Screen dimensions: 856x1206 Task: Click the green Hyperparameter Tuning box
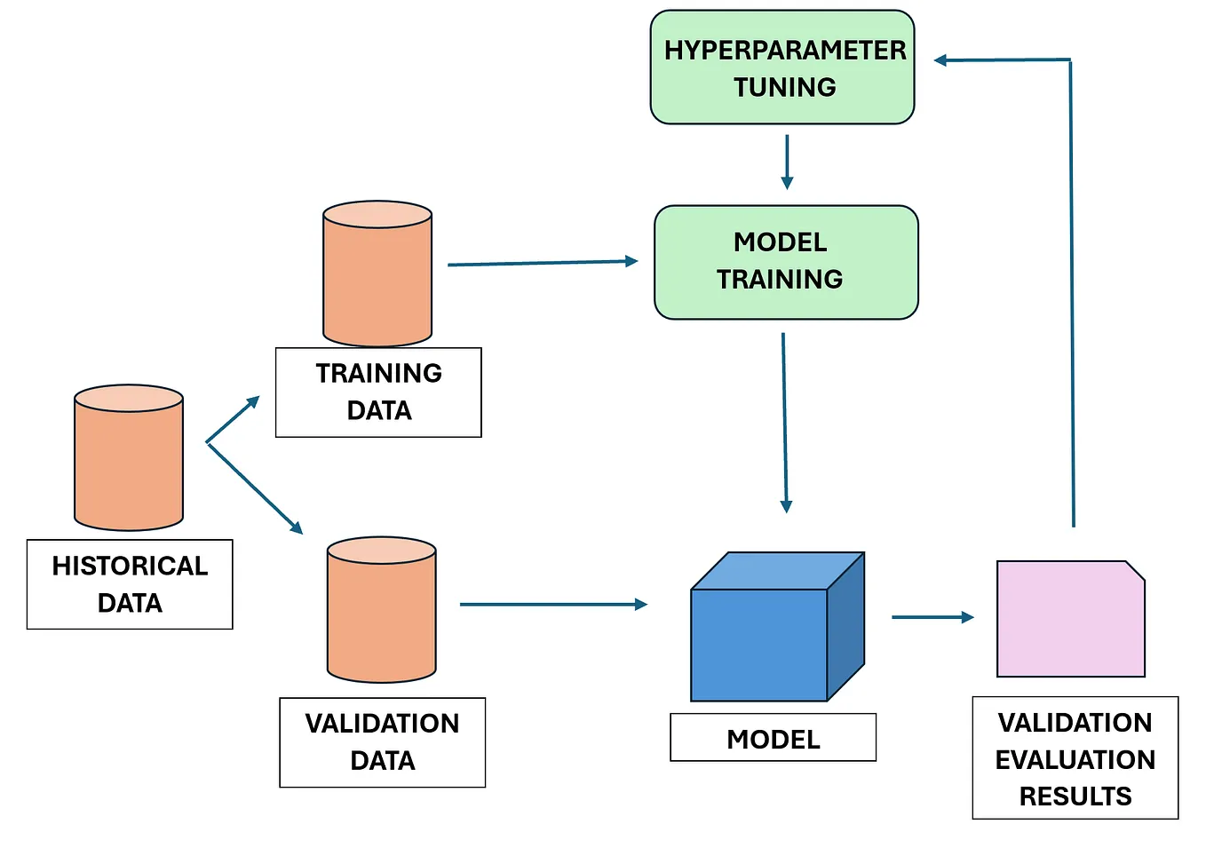pos(782,67)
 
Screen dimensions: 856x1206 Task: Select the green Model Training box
pos(786,262)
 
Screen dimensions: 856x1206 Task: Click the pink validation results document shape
pos(1070,619)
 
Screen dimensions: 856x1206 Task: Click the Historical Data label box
pos(130,584)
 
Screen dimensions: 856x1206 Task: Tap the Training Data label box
pos(378,392)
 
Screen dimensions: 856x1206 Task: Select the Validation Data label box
pos(382,741)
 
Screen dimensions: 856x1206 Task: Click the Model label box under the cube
pos(773,738)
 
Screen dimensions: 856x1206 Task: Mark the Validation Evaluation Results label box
pos(1075,757)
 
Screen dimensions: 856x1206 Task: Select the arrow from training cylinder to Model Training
pos(542,263)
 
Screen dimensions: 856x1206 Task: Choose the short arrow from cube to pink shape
pos(932,617)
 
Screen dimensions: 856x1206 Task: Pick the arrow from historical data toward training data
pos(233,419)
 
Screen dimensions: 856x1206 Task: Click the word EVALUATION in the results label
pos(1075,759)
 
